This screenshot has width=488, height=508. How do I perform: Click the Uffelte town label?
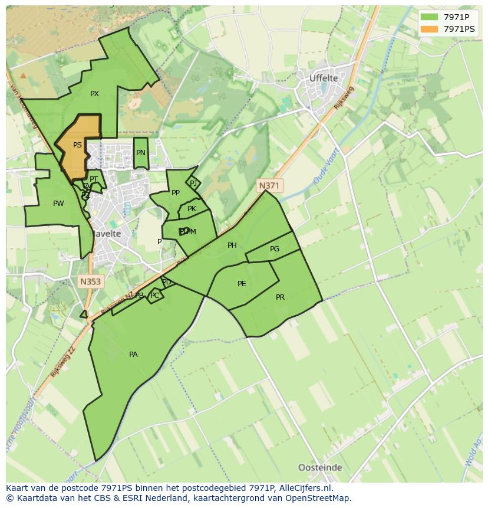(x=324, y=78)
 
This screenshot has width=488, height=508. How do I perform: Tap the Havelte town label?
(x=105, y=234)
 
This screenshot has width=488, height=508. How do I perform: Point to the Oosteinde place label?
(x=319, y=467)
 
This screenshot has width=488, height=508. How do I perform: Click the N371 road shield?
(x=269, y=186)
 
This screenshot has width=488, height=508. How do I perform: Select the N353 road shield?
(x=90, y=281)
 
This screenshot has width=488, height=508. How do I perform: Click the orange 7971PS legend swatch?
(x=429, y=28)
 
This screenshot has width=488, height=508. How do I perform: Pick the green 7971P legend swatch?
(x=429, y=17)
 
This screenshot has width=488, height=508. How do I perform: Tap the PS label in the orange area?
(x=77, y=145)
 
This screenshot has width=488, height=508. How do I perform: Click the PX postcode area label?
(x=94, y=94)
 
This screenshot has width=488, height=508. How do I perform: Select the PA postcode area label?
(x=133, y=355)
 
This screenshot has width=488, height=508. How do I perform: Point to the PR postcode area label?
(x=280, y=297)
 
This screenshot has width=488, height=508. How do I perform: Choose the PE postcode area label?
(x=242, y=284)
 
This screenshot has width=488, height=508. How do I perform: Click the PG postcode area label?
(x=275, y=249)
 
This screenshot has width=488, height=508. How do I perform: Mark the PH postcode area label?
(x=232, y=245)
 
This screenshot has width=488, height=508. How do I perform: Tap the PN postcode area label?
(x=140, y=153)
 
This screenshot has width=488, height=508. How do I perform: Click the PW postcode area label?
(x=58, y=204)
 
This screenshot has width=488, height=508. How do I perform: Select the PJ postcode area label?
(x=193, y=183)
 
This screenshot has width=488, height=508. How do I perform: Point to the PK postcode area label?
(x=192, y=209)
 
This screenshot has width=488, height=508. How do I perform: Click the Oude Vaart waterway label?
(x=324, y=169)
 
